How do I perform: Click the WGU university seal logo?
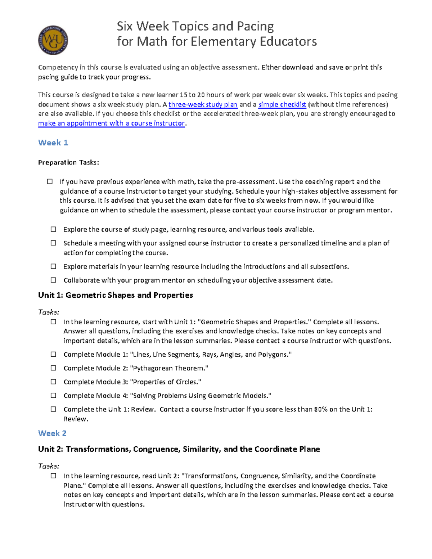[53, 40]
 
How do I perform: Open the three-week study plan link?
[203, 104]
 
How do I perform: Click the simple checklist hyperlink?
[282, 104]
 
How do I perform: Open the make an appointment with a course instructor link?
[111, 123]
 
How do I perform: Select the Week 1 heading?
[53, 143]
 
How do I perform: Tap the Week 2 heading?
[52, 433]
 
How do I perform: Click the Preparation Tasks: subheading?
[68, 162]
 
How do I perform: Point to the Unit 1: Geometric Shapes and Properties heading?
[116, 295]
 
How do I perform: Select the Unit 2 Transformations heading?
[179, 449]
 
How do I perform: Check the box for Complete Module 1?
[54, 354]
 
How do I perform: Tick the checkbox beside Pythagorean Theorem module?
[54, 368]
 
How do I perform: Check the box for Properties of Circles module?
[54, 382]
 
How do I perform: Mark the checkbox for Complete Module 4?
[54, 395]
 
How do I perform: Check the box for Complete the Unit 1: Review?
[54, 409]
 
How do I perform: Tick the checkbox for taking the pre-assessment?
[50, 181]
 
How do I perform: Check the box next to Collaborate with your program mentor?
[54, 280]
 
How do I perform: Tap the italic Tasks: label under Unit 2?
[49, 466]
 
